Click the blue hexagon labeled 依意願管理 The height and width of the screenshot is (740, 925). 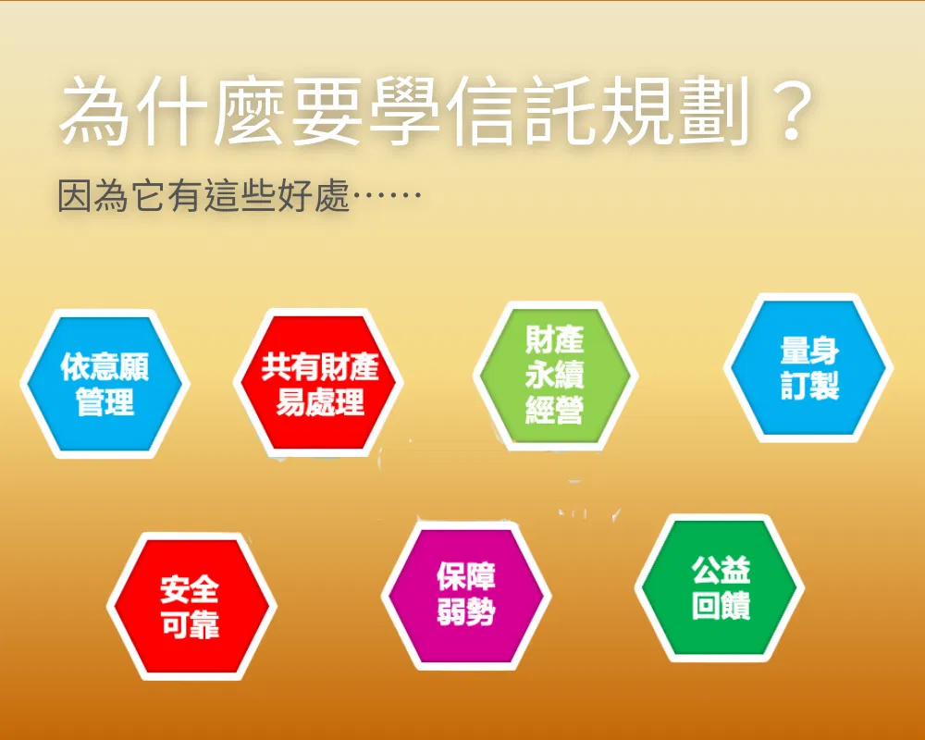pyautogui.click(x=105, y=384)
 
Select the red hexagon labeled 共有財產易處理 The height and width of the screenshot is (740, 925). pyautogui.click(x=318, y=383)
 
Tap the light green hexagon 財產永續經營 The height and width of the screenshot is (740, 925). pyautogui.click(x=556, y=376)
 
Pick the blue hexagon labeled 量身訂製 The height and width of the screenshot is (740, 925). pyautogui.click(x=808, y=367)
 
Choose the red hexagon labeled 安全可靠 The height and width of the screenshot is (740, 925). pyautogui.click(x=191, y=606)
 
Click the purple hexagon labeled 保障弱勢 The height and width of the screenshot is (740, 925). pyautogui.click(x=466, y=595)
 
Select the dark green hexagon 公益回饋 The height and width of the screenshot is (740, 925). pyautogui.click(x=720, y=587)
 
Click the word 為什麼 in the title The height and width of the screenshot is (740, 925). pyautogui.click(x=172, y=111)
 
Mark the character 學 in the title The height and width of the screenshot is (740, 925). pyautogui.click(x=405, y=111)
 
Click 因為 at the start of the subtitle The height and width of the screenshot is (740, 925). pyautogui.click(x=92, y=195)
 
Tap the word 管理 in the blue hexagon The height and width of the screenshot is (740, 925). pyautogui.click(x=105, y=401)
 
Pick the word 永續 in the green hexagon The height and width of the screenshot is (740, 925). pyautogui.click(x=554, y=375)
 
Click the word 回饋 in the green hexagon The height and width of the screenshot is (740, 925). pyautogui.click(x=721, y=606)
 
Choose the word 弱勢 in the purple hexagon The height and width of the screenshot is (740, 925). pyautogui.click(x=466, y=611)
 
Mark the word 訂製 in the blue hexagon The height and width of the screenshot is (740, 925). pyautogui.click(x=809, y=386)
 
